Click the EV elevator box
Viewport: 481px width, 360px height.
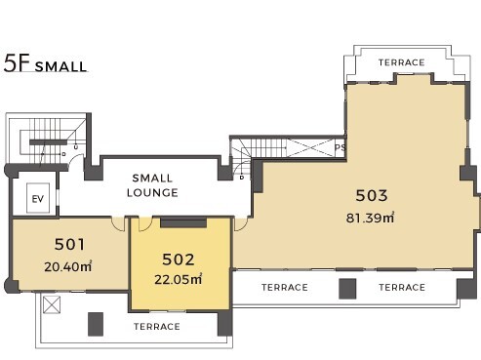tap(38, 198)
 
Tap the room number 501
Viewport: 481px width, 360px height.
tap(69, 244)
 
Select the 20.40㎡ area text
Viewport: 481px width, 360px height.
tap(68, 266)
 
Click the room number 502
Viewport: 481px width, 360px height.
tap(179, 260)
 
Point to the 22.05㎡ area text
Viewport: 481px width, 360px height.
tap(179, 279)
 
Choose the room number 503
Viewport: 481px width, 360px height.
tap(372, 195)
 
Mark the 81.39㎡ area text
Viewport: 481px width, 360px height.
tap(370, 218)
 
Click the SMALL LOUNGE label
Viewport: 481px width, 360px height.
tap(152, 185)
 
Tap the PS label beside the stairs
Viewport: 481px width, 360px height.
tap(340, 147)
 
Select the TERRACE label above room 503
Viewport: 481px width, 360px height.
tap(401, 62)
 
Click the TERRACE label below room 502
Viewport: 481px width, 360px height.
tap(157, 327)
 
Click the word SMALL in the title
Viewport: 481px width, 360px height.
tap(60, 66)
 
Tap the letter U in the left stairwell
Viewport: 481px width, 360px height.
tap(76, 147)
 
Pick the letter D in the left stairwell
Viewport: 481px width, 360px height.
tap(63, 154)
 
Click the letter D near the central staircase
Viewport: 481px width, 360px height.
tap(242, 178)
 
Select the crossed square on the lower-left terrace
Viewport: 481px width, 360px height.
tap(52, 304)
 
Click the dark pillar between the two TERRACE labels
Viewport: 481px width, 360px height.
tap(347, 289)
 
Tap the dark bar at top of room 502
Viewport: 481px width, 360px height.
tap(183, 222)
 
